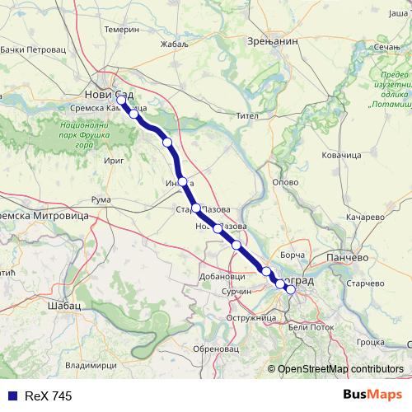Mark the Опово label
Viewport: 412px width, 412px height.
[284, 181]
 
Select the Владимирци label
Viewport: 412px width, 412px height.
[90, 363]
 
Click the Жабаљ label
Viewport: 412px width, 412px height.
[176, 45]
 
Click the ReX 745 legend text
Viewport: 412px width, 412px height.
[48, 396]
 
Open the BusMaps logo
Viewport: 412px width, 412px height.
[372, 396]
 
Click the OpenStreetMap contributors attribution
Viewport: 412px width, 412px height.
[339, 370]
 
